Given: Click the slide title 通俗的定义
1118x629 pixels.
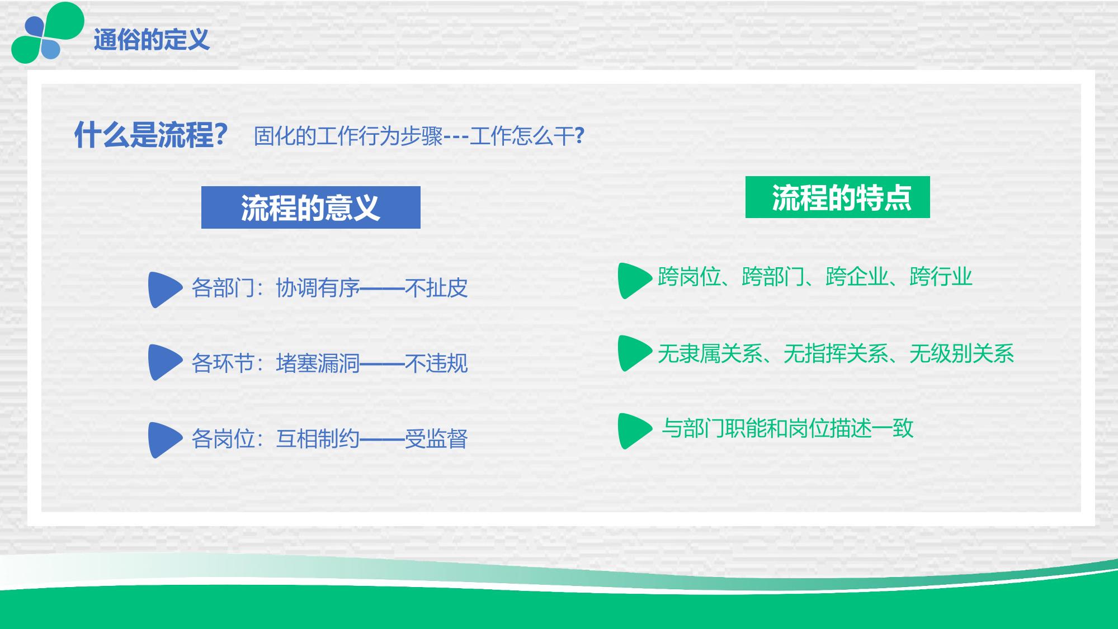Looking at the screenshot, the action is pyautogui.click(x=152, y=40).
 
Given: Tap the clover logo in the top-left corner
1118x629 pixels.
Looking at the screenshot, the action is pyautogui.click(x=48, y=32).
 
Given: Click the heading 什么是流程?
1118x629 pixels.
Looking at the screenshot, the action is pyautogui.click(x=151, y=135).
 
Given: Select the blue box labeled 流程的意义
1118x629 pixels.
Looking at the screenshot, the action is pyautogui.click(x=310, y=207).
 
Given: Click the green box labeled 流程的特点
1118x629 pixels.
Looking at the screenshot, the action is pyautogui.click(x=837, y=197).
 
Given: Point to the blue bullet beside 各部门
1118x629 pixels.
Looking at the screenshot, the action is pyautogui.click(x=164, y=290).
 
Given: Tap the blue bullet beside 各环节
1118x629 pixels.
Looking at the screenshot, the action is pyautogui.click(x=164, y=362).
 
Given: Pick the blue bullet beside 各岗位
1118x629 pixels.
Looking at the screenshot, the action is pyautogui.click(x=164, y=440).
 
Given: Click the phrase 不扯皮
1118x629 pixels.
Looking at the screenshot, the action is pyautogui.click(x=436, y=288).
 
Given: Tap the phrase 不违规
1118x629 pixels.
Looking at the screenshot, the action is pyautogui.click(x=436, y=363).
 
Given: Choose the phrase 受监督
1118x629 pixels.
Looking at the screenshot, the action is pyautogui.click(x=436, y=439).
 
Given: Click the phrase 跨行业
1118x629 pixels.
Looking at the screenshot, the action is pyautogui.click(x=941, y=277).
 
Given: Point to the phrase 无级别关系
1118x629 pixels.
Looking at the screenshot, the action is pyautogui.click(x=962, y=353).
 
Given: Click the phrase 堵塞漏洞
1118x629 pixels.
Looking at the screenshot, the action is pyautogui.click(x=318, y=363).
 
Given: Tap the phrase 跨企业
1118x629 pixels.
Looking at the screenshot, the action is pyautogui.click(x=857, y=277).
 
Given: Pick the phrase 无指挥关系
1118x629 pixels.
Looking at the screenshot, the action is pyautogui.click(x=836, y=353).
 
